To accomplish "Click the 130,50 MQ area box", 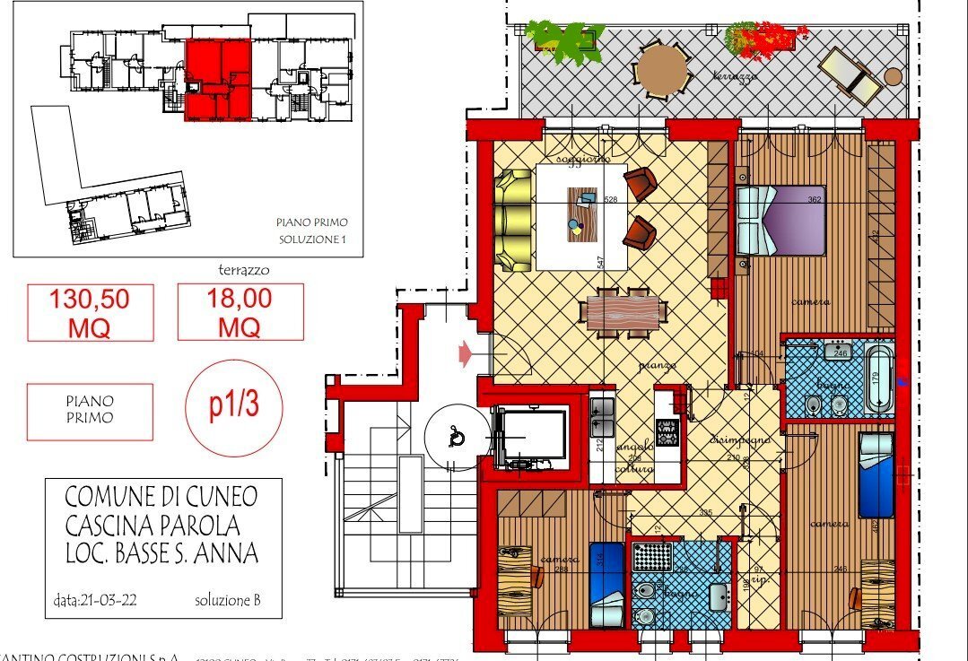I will (x=90, y=312).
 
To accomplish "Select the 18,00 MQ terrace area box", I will (x=240, y=312).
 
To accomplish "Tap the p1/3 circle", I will (x=233, y=405).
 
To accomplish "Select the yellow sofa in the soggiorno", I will (x=514, y=220).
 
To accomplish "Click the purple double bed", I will (x=781, y=220).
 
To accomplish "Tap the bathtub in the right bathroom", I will (x=880, y=378).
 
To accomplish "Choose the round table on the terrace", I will (x=661, y=70).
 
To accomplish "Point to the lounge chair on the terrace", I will (x=850, y=75).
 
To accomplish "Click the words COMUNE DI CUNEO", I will (x=161, y=496).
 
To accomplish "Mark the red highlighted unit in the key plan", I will (x=220, y=79).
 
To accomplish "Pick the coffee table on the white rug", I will (x=581, y=213).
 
